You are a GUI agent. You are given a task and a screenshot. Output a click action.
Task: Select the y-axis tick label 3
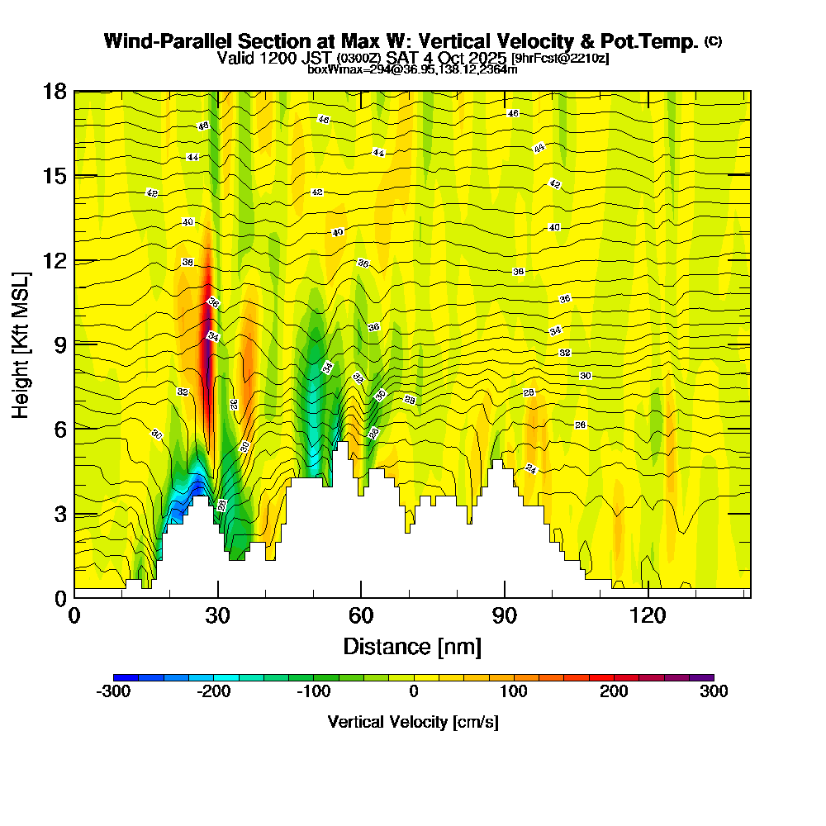click(59, 513)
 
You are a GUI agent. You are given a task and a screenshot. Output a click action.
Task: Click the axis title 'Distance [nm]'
click(412, 646)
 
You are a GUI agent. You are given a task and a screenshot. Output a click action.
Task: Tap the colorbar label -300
click(113, 691)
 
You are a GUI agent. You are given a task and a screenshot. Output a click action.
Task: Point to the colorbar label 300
click(714, 691)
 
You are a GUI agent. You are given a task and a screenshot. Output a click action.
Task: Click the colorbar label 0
click(414, 691)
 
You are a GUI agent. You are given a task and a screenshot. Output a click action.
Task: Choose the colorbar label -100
click(314, 691)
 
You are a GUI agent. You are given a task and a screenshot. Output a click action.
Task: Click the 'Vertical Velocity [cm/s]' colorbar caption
click(413, 722)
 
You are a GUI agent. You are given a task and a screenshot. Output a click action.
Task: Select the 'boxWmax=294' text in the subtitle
click(339, 69)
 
